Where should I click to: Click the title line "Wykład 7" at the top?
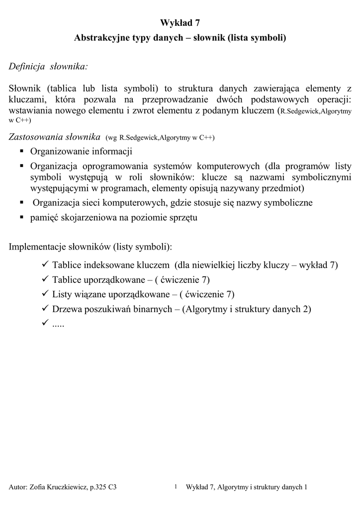point(180,22)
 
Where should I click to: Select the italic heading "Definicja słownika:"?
point(49,66)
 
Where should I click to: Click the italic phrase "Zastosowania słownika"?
point(55,137)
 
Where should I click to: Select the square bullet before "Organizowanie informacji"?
point(22,151)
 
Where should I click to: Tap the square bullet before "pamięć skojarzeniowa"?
point(22,217)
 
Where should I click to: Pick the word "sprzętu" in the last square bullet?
point(183,218)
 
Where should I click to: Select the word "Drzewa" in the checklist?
point(68,309)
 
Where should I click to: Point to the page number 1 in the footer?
point(176,486)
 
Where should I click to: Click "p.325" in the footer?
point(99,488)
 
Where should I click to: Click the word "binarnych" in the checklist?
point(154,309)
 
